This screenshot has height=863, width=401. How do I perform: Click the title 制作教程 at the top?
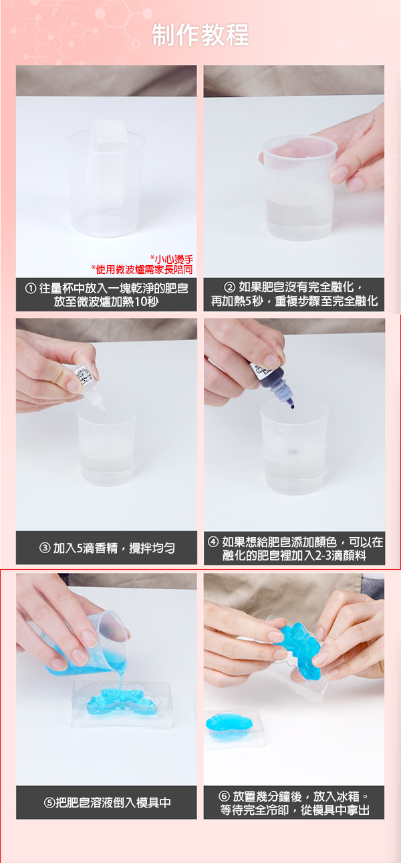point(200,35)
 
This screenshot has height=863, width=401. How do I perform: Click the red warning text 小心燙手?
point(172,259)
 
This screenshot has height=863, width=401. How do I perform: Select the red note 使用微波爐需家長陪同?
point(142,269)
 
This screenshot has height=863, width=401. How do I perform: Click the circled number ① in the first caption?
point(31,289)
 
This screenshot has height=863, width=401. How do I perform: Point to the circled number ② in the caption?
point(229,287)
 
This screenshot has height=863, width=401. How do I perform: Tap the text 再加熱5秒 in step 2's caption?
point(231,301)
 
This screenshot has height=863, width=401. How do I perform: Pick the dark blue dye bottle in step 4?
point(271,383)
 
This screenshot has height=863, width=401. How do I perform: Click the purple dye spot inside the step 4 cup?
point(292,451)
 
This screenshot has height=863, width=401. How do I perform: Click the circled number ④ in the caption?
point(213,542)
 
